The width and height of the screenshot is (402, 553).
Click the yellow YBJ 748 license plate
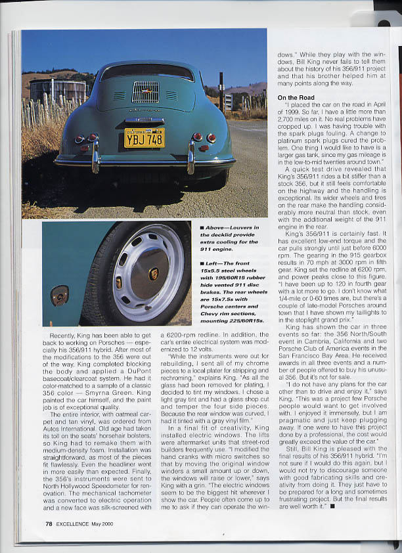pos(145,137)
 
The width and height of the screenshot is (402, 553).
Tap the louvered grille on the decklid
pos(145,92)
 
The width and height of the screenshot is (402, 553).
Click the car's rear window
pos(147,71)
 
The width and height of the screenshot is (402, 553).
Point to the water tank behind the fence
pos(58,91)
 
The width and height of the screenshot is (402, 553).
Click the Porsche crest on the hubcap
pos(154,274)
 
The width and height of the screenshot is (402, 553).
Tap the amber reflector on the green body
pos(59,295)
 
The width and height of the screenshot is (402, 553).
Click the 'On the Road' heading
pos(296,97)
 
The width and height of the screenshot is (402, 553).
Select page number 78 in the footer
pos(49,523)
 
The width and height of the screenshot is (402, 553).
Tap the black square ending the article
pos(332,506)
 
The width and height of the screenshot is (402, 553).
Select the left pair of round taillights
pos(85,138)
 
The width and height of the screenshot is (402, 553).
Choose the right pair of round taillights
pos(204,137)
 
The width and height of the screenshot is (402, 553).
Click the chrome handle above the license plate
pos(145,121)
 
